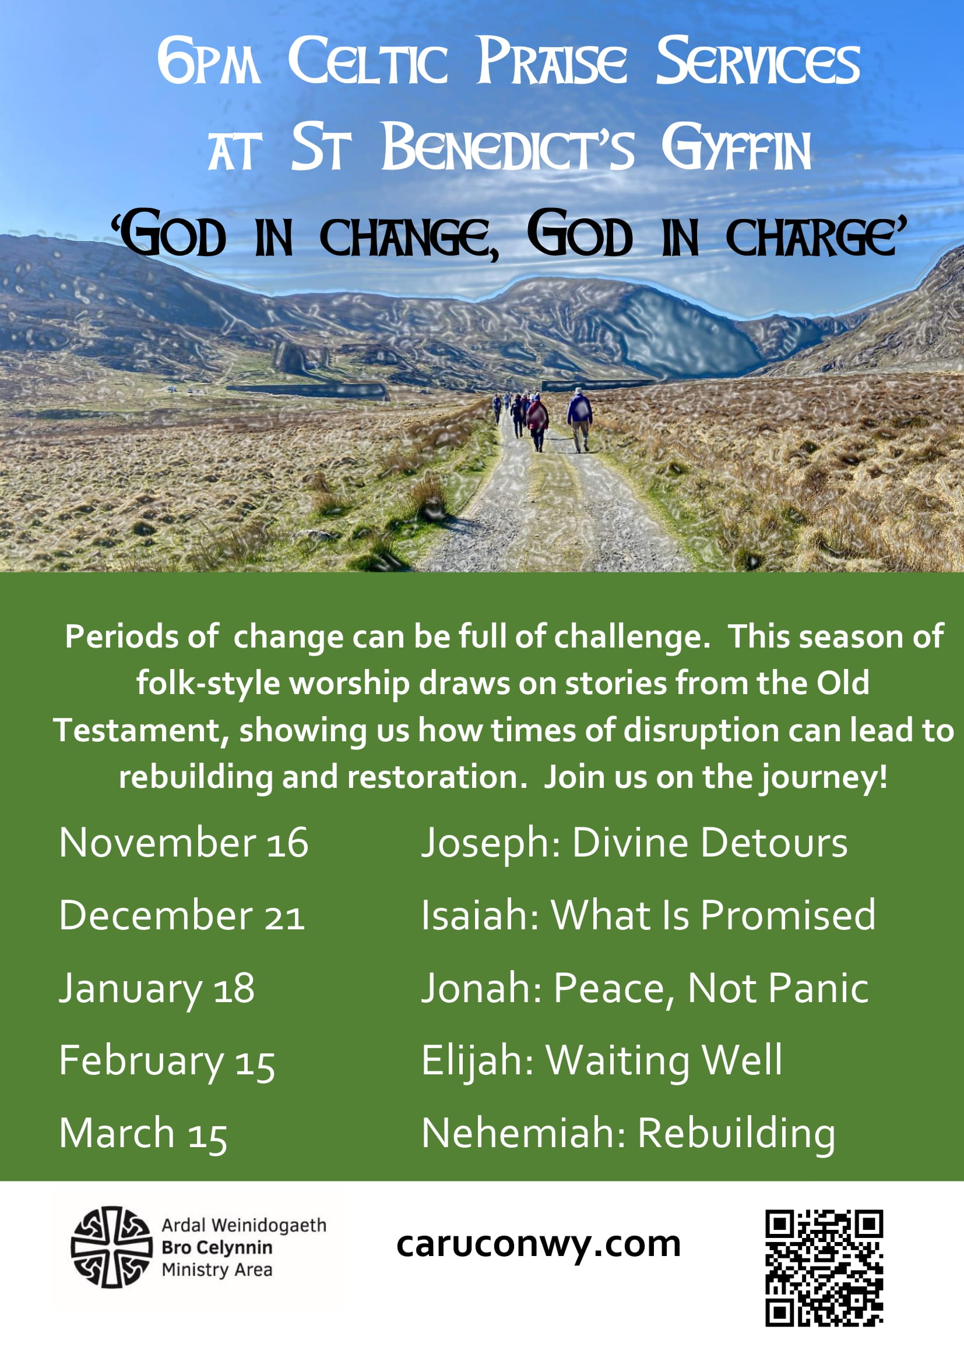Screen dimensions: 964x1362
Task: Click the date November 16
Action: [x=184, y=843]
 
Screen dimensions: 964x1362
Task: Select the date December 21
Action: [x=182, y=915]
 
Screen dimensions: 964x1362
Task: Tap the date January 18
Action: [x=157, y=989]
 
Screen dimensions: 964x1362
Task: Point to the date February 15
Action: [x=167, y=1063]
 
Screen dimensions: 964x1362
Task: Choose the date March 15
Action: [x=143, y=1134]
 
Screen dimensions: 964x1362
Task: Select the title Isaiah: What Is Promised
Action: [x=648, y=915]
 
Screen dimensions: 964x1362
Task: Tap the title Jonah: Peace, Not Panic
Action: [x=645, y=989]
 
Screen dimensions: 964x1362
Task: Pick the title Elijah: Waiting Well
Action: [x=602, y=1063]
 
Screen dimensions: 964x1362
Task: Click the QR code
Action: [x=824, y=1268]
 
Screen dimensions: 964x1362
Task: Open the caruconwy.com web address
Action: [x=539, y=1244]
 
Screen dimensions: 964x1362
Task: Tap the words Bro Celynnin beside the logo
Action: [x=217, y=1248]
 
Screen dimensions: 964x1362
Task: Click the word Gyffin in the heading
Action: [x=736, y=148]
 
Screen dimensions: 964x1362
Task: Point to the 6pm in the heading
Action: [x=208, y=61]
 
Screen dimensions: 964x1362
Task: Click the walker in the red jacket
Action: [x=537, y=422]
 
